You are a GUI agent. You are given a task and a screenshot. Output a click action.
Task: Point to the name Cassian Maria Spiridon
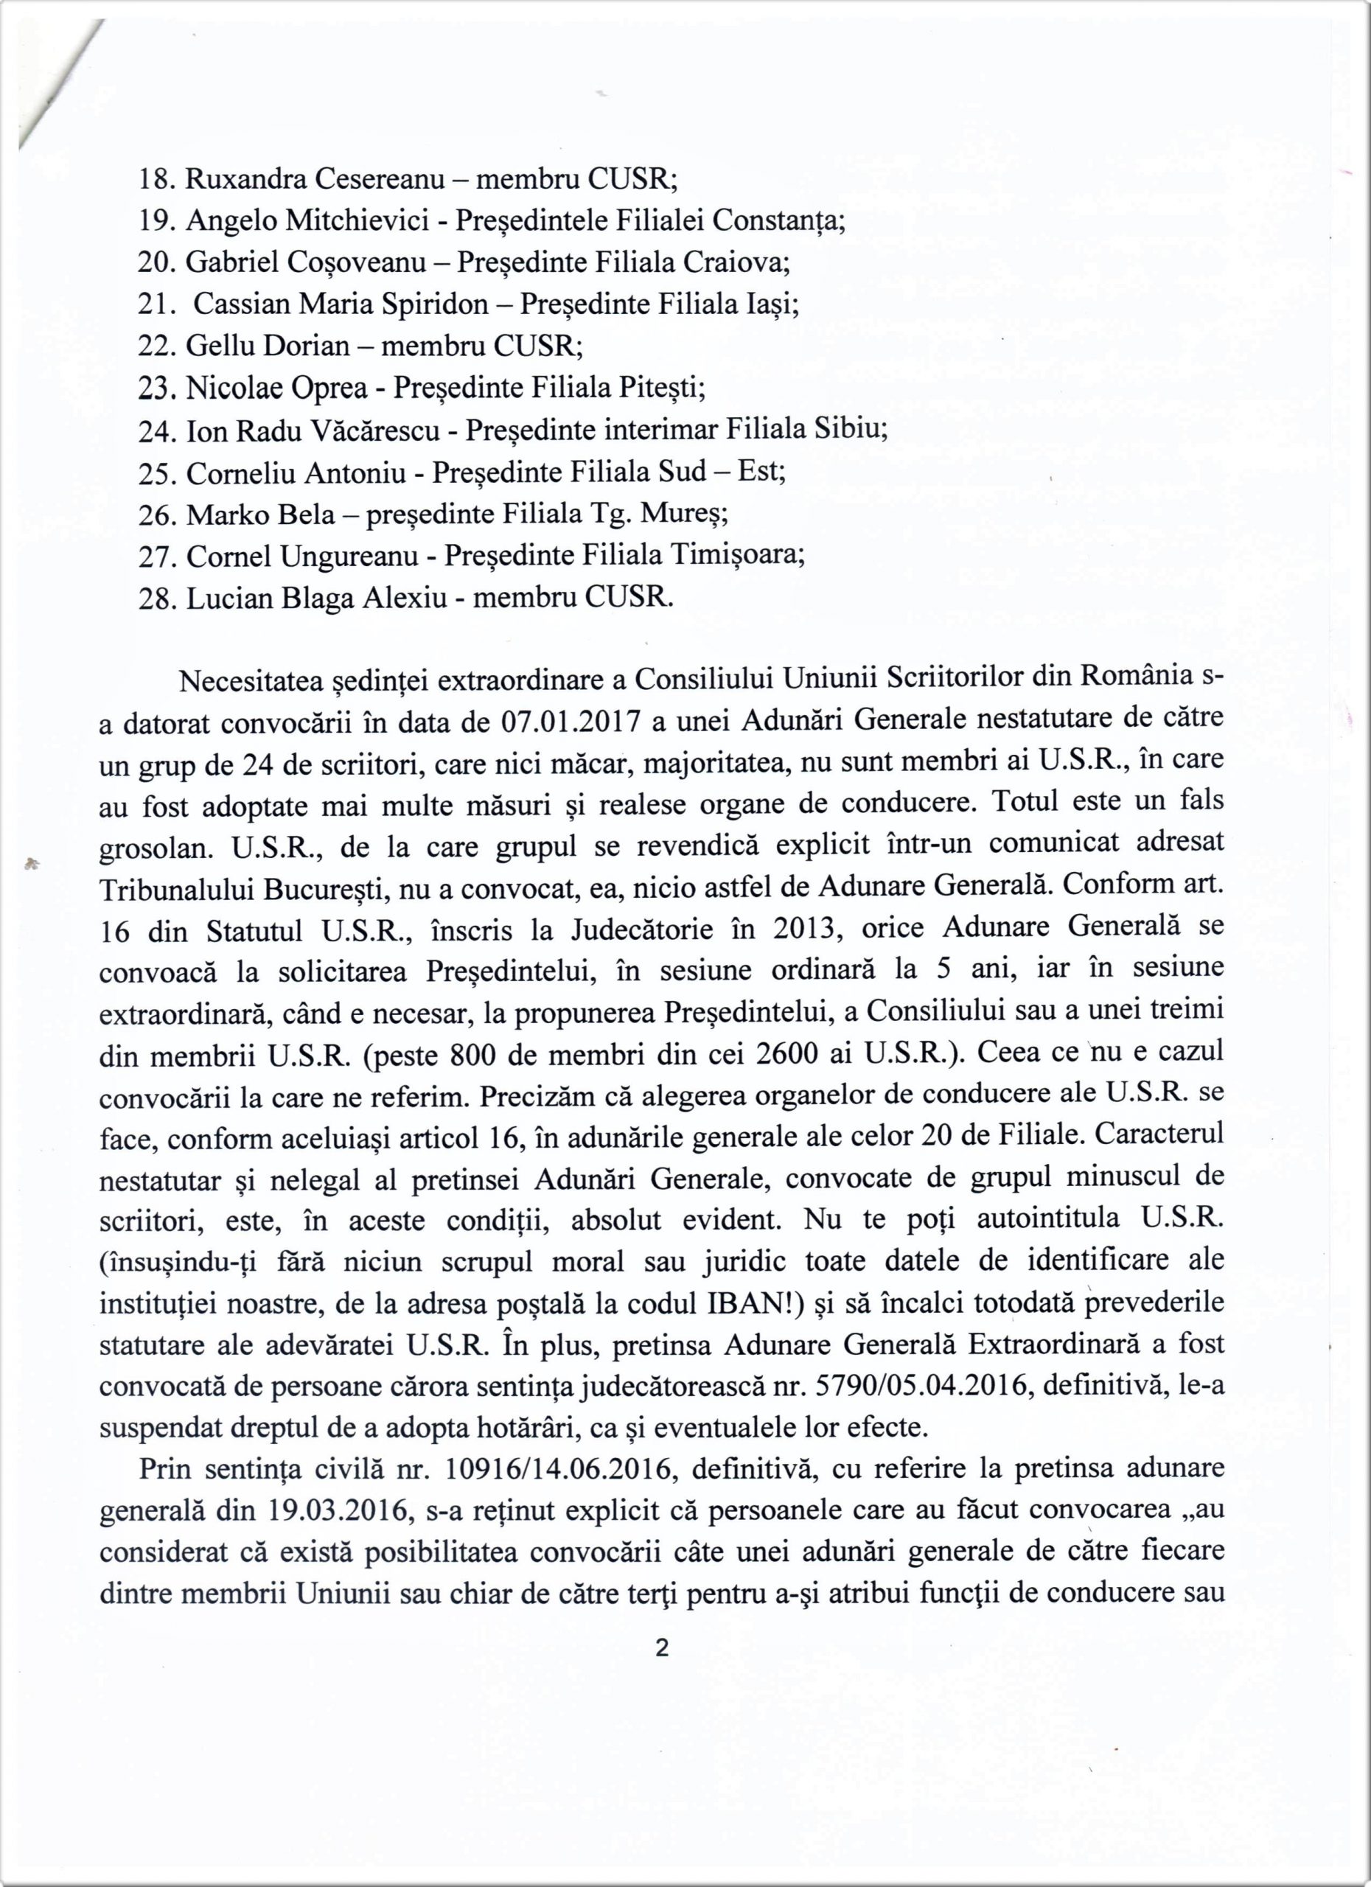[341, 304]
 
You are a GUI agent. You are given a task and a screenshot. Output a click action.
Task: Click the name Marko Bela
[260, 515]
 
